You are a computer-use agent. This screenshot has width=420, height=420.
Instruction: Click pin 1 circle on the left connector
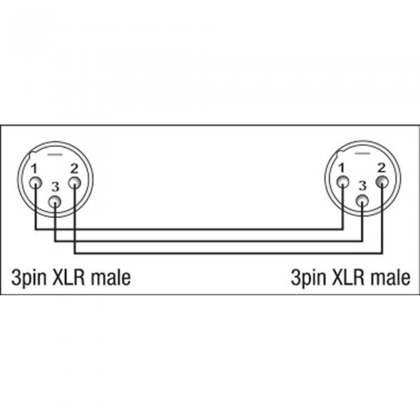click(35, 184)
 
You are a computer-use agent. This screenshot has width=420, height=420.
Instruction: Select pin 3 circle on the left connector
click(55, 202)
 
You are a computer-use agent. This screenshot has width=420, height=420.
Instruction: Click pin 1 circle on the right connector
click(343, 183)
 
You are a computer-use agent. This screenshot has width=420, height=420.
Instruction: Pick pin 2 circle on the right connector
click(382, 182)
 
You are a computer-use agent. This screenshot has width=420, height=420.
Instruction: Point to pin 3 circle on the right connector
click(362, 202)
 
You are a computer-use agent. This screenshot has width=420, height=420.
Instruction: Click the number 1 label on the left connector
click(34, 169)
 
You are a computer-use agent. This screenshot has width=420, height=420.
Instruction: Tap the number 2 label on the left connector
click(74, 169)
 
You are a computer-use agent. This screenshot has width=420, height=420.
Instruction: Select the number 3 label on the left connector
click(55, 187)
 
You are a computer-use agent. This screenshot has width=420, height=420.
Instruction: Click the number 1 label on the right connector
click(341, 168)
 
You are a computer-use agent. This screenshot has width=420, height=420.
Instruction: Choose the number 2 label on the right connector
click(382, 167)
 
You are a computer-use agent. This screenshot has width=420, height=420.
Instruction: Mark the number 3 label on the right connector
click(362, 186)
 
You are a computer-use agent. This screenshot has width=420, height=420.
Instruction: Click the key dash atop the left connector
click(55, 155)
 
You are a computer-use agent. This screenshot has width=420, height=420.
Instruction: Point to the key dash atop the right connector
click(362, 154)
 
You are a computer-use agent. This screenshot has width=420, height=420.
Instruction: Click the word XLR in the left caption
click(69, 277)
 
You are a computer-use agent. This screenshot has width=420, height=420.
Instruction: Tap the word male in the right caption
click(390, 277)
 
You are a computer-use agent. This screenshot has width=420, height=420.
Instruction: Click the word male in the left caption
click(110, 277)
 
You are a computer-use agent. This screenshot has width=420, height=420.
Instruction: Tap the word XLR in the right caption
click(349, 277)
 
